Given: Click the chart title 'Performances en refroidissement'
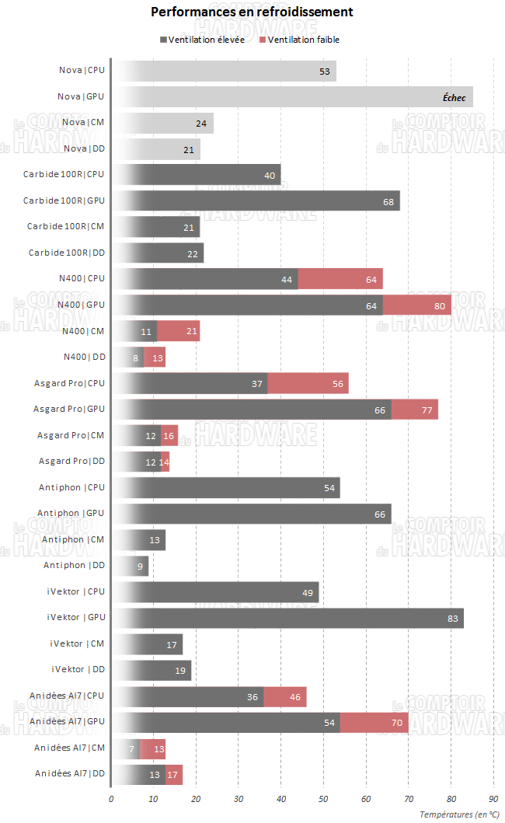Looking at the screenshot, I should tap(252, 12).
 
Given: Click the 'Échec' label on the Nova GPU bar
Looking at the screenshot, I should tap(454, 97).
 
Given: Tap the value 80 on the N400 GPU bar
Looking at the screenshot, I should tap(439, 305).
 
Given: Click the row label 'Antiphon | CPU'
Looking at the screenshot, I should tap(71, 487).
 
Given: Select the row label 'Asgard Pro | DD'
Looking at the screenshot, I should tap(71, 462).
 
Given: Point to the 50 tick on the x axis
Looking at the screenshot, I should tap(323, 797).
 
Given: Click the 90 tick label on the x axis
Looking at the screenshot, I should tap(493, 797).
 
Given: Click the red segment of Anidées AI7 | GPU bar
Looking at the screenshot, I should tap(374, 723).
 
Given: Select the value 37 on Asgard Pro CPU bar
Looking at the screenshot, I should tap(258, 383).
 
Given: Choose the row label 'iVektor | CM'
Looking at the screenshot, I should tap(77, 644).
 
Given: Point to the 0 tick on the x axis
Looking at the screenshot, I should tap(111, 797).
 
